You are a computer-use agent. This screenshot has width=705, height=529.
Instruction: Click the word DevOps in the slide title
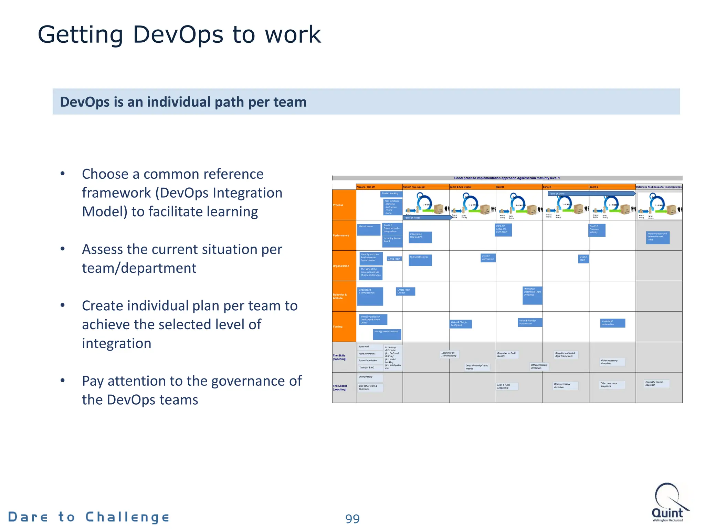point(178,35)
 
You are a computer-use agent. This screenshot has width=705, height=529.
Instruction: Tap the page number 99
point(352,519)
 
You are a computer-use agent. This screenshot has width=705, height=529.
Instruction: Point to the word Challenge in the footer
point(127,517)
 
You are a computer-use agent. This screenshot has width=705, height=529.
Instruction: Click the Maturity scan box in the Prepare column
point(368,230)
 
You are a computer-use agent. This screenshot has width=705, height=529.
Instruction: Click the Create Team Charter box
point(405,291)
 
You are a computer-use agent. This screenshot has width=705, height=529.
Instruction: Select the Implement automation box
point(612,323)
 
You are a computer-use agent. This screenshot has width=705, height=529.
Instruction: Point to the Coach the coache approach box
point(656,384)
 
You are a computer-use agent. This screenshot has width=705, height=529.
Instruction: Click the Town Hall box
point(370,347)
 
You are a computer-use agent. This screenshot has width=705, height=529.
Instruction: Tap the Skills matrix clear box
point(420,260)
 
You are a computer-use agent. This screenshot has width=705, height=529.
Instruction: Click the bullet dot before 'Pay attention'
point(62,380)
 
